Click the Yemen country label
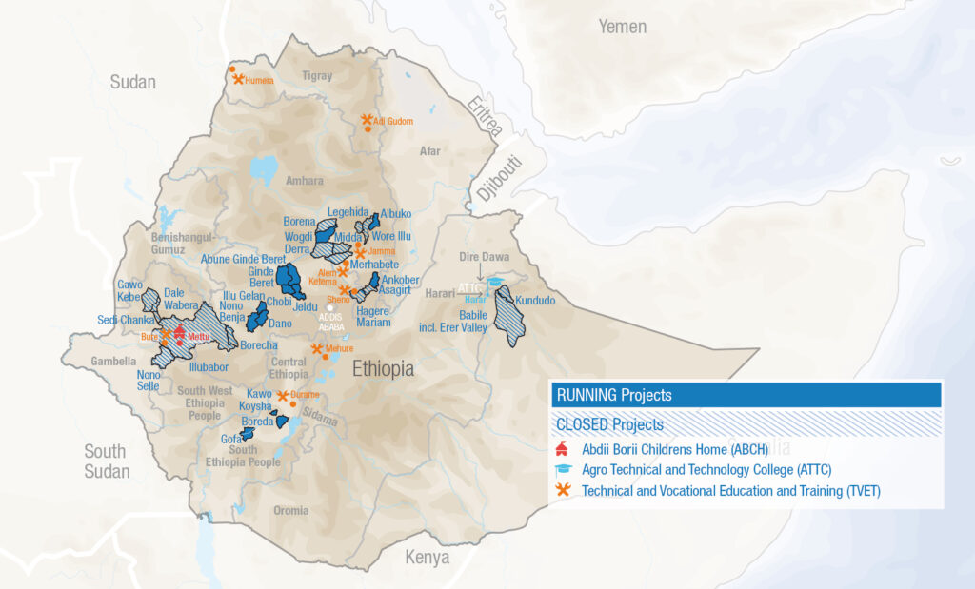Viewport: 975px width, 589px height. coord(623,27)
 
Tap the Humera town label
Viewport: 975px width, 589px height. coord(259,81)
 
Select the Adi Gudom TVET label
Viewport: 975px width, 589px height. coord(394,122)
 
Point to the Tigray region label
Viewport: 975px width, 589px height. coord(318,76)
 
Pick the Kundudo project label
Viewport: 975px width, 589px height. coord(534,301)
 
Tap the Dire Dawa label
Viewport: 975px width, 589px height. coord(485,257)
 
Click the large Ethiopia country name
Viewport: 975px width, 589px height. coord(383,369)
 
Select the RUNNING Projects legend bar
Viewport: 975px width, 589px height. coord(746,395)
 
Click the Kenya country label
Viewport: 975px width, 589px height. coord(427,558)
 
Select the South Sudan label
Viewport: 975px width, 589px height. coord(105,461)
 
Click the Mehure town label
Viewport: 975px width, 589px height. coord(339,350)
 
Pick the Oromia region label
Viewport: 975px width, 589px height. coord(290,511)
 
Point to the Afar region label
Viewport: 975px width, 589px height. coord(431,150)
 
